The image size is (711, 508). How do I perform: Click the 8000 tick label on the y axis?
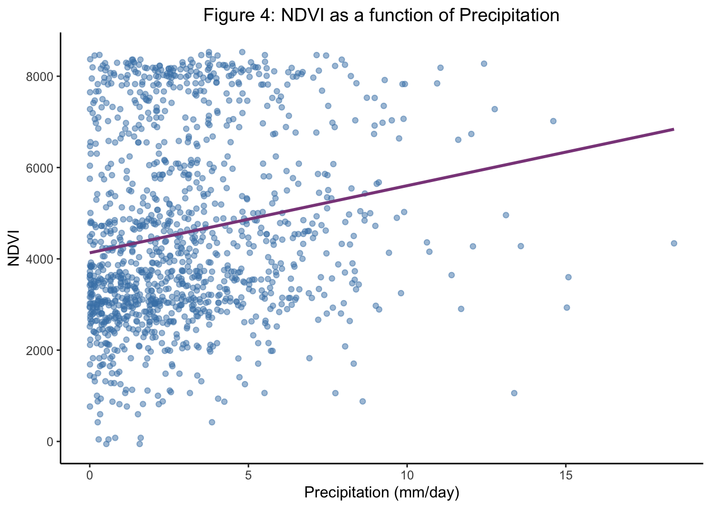(40, 77)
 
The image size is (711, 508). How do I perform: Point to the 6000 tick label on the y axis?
(40, 168)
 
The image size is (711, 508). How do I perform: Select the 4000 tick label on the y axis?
(40, 259)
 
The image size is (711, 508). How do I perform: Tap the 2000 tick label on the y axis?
(40, 350)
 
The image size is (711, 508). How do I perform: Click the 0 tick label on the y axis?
(49, 442)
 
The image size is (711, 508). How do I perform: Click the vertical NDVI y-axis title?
(14, 248)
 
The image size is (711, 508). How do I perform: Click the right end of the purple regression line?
(673, 129)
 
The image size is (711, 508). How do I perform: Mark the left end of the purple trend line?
(90, 252)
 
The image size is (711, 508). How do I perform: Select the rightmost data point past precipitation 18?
(673, 243)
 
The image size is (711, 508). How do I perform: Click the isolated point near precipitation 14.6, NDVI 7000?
(553, 121)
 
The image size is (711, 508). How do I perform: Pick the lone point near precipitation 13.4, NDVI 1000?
(514, 393)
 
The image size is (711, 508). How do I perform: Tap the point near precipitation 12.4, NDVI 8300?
(484, 63)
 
